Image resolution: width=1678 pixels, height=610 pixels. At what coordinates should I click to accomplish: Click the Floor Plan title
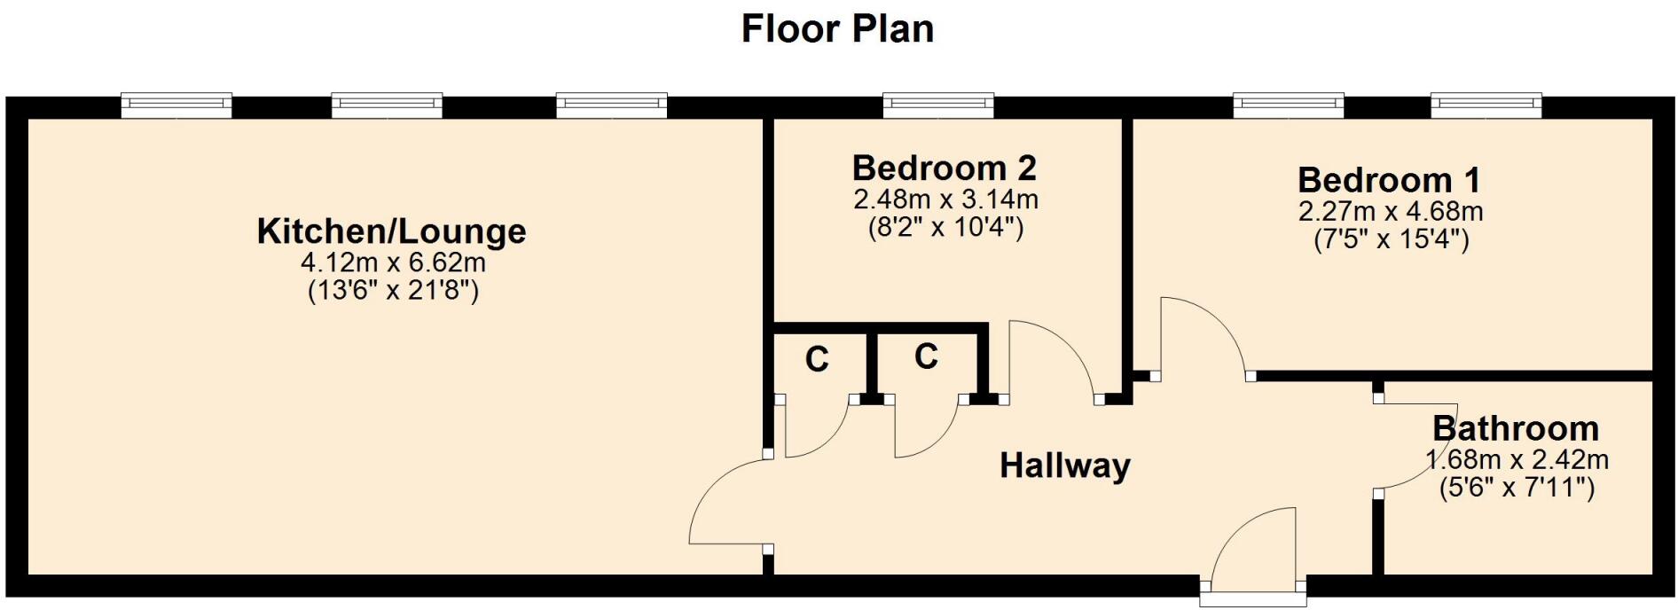click(837, 28)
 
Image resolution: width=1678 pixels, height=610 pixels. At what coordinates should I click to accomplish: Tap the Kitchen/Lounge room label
click(391, 231)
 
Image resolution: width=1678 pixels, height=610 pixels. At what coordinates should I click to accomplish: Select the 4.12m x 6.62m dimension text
click(393, 262)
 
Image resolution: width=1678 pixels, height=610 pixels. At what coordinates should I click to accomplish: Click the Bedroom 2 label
click(945, 168)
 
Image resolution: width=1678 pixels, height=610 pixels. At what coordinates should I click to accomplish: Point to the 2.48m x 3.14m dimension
click(945, 199)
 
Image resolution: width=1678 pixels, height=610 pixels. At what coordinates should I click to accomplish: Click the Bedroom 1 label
click(1389, 180)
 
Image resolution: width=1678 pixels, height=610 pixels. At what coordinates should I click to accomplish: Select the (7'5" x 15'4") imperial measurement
click(1391, 239)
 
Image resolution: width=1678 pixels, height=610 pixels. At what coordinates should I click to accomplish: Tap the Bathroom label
click(1515, 428)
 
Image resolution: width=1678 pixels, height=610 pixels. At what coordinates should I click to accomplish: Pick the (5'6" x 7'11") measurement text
click(1517, 487)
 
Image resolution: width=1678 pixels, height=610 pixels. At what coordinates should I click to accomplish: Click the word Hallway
click(1065, 465)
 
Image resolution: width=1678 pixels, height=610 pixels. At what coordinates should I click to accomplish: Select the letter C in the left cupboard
click(817, 359)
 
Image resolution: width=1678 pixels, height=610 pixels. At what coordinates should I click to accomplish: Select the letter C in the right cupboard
click(926, 356)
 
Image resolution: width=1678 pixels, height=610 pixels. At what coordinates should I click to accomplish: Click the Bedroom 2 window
click(937, 106)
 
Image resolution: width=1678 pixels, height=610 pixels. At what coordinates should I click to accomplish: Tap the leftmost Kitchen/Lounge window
click(176, 106)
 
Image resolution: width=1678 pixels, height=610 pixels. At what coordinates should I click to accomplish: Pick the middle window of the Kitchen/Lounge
click(387, 106)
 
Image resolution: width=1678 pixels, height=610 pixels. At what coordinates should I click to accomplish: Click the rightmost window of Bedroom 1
click(1486, 106)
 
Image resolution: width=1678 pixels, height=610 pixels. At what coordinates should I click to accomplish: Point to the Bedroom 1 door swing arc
click(1206, 332)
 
